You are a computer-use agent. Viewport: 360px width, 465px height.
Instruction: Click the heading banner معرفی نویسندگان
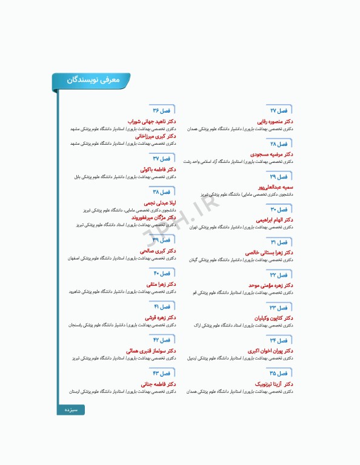tap(92, 79)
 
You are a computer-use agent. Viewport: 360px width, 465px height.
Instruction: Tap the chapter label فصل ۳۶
tap(162, 111)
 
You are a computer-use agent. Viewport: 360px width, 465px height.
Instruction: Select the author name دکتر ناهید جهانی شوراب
tap(151, 122)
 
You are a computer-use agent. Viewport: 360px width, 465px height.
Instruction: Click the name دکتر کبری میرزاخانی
tap(155, 136)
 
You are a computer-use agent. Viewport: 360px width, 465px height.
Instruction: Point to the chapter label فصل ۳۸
tap(162, 191)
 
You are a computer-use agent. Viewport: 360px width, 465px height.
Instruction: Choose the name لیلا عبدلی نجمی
tap(159, 203)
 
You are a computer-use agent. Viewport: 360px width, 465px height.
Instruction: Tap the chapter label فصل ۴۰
tap(162, 273)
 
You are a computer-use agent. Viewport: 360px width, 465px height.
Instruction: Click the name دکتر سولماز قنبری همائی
tap(151, 351)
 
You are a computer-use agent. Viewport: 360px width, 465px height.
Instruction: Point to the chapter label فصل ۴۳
tap(162, 372)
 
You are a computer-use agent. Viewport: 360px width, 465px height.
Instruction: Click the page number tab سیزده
tap(71, 410)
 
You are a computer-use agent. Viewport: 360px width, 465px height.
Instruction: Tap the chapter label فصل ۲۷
tap(279, 111)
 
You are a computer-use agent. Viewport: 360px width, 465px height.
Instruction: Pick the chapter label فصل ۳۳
tap(279, 307)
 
